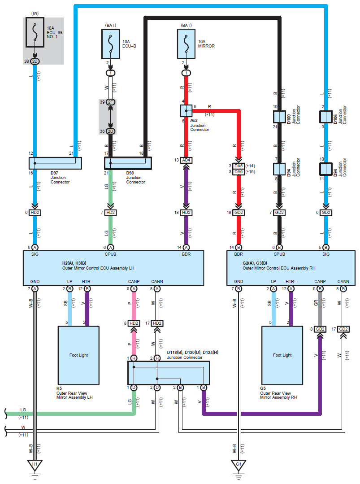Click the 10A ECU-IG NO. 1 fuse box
(35, 32)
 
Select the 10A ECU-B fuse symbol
(111, 44)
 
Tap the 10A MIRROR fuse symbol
(187, 44)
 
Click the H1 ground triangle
(35, 465)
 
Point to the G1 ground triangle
(239, 465)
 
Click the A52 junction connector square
(187, 111)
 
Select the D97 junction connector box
(55, 163)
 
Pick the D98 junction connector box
(128, 163)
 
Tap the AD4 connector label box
(187, 160)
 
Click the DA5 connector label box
(239, 166)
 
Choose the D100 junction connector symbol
(279, 117)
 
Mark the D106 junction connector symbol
(326, 117)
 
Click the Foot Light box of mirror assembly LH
(78, 355)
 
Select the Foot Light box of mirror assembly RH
(282, 355)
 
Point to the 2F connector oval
(110, 102)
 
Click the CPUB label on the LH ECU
(110, 254)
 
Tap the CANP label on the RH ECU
(320, 282)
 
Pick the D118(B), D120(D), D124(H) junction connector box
(169, 373)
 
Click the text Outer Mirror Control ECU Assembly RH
(279, 268)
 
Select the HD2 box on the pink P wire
(134, 323)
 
